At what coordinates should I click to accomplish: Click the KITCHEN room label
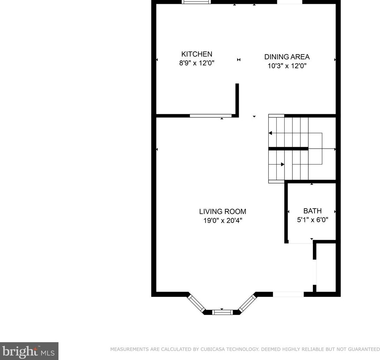click(197, 54)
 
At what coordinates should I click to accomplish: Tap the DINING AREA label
click(287, 57)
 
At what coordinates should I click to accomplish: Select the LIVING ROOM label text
click(223, 212)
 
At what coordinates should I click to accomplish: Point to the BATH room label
click(312, 211)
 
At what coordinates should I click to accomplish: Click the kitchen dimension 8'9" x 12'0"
click(197, 63)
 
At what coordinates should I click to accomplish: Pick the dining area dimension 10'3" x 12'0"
click(287, 66)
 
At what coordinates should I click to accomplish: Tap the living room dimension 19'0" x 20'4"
click(223, 221)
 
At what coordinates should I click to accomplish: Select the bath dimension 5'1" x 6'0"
click(312, 220)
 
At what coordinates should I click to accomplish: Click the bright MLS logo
click(29, 351)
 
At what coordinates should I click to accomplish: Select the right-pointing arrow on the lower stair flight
click(283, 164)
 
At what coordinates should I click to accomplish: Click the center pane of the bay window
click(222, 312)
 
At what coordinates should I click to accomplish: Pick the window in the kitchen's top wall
click(196, 2)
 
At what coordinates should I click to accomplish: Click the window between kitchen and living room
click(210, 116)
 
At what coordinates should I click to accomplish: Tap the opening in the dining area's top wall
click(289, 2)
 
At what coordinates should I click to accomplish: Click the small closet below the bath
click(326, 268)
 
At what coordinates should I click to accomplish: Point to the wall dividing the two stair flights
click(288, 149)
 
